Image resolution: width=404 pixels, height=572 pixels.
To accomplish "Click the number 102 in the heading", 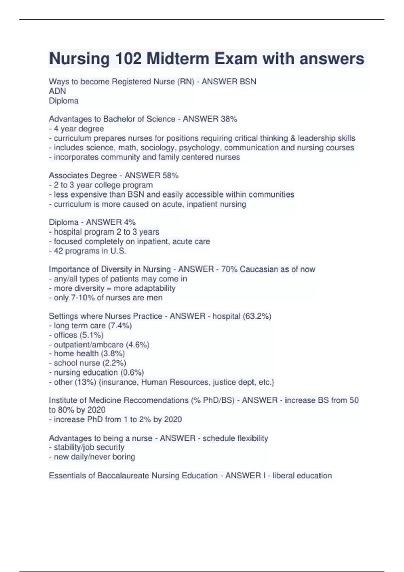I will click(x=128, y=59).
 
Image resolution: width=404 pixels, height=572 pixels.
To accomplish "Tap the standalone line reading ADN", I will click(x=58, y=91).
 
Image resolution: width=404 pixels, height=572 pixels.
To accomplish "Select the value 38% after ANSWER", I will click(x=229, y=119).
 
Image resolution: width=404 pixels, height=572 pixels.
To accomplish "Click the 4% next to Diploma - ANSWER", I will click(x=130, y=222).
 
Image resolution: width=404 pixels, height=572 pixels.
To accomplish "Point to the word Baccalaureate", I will click(x=123, y=476).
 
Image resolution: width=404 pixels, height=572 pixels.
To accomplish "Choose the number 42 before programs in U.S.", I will click(x=58, y=251).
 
